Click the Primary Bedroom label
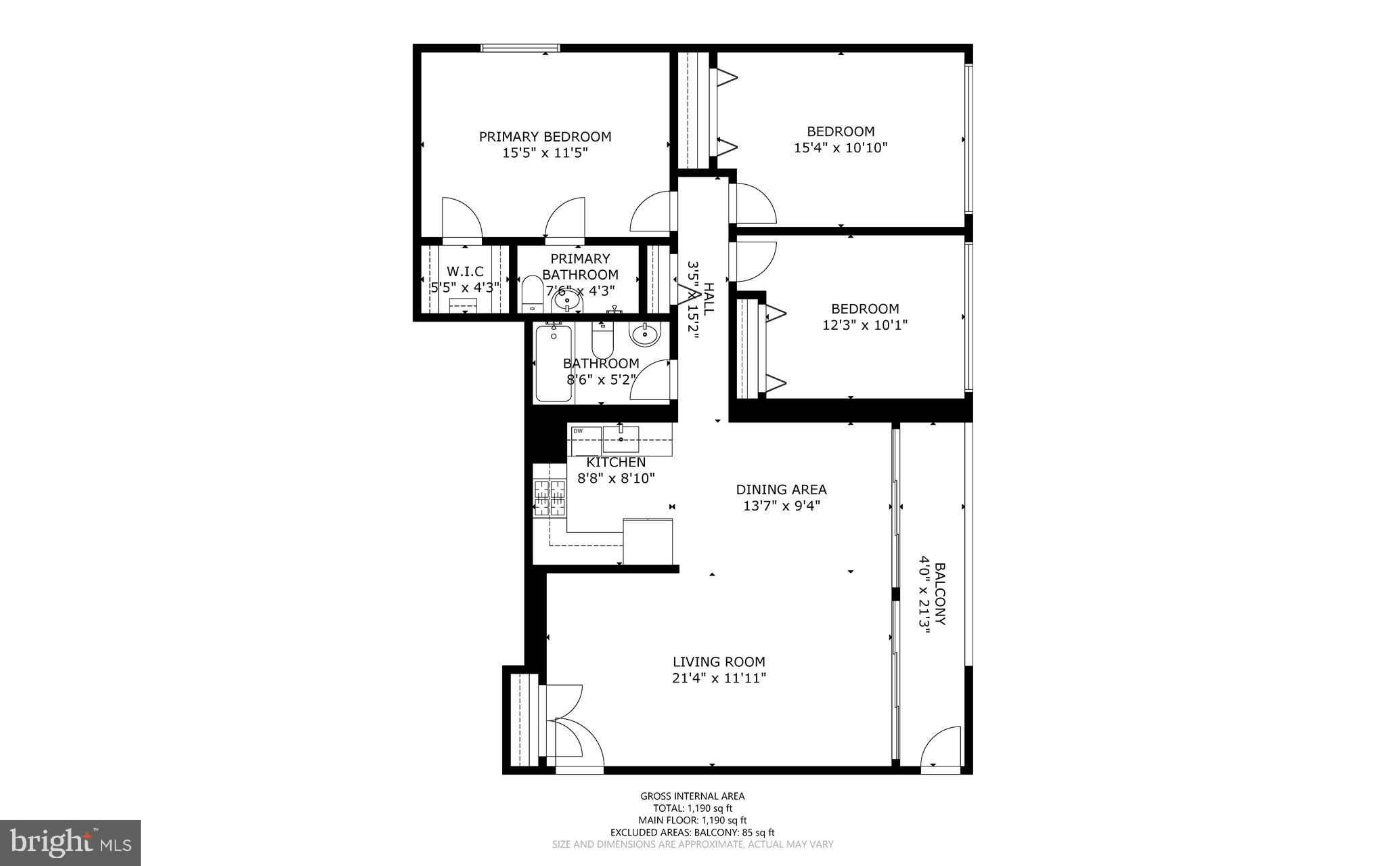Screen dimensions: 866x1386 click(x=545, y=137)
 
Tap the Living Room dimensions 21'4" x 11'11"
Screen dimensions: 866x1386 click(x=719, y=678)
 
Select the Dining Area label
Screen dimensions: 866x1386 click(x=781, y=490)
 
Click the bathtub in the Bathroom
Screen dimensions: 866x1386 click(x=553, y=363)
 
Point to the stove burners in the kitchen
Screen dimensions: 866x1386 click(x=549, y=498)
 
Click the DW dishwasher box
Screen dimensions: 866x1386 click(x=585, y=441)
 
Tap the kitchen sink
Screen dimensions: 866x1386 click(x=621, y=439)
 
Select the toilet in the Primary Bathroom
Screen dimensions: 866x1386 click(x=531, y=296)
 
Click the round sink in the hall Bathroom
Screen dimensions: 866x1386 click(x=644, y=333)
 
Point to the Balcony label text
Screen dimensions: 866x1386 click(x=939, y=594)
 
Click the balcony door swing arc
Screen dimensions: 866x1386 click(x=941, y=745)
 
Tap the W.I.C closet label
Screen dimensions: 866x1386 click(x=465, y=272)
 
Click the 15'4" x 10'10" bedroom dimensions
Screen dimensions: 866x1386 click(x=841, y=148)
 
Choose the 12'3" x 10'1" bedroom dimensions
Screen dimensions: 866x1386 click(x=864, y=325)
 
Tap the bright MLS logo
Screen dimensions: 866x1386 click(x=70, y=842)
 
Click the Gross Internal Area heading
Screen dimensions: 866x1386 click(x=692, y=796)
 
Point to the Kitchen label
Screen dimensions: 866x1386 click(x=616, y=462)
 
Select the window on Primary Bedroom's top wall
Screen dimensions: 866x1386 click(x=520, y=48)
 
